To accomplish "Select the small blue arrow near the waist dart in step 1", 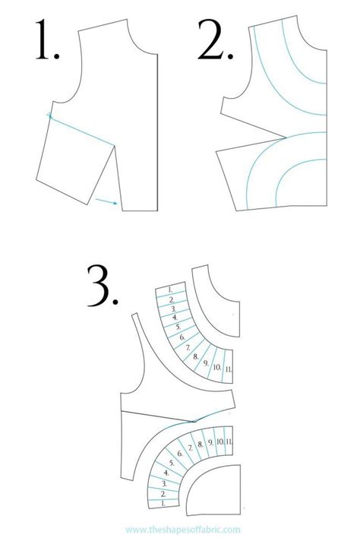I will [x=107, y=201].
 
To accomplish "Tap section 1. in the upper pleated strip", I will [x=171, y=290].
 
